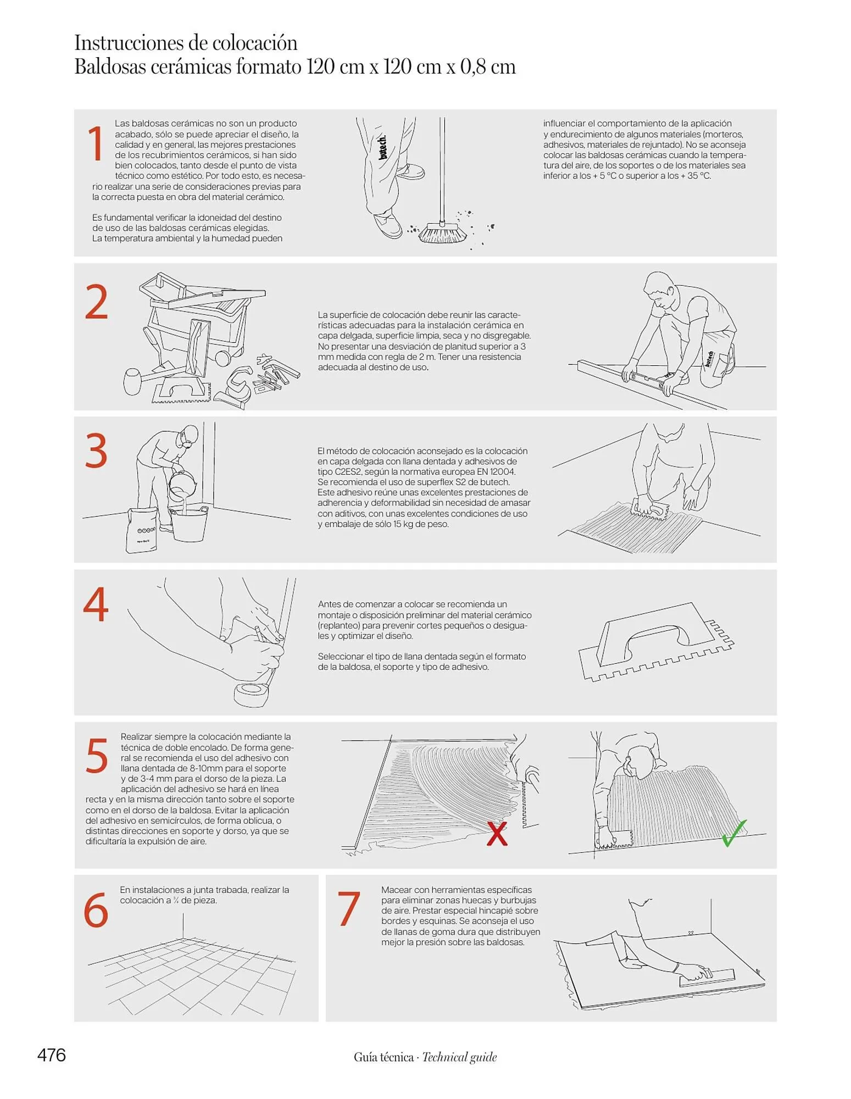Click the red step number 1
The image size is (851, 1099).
96,143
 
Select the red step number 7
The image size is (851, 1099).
349,908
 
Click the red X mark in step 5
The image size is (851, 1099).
497,833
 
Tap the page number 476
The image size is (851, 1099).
52,1055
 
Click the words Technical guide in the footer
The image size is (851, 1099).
459,1057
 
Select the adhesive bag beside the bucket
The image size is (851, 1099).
142,530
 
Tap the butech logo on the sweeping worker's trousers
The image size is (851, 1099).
383,147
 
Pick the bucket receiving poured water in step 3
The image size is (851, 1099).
188,524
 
